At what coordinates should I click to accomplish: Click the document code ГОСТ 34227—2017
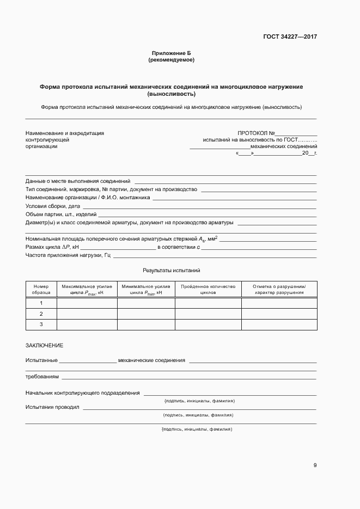[290, 37]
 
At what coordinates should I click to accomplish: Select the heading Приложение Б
[171, 53]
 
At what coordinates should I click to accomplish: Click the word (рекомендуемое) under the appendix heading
[171, 59]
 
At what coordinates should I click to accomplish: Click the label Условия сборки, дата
[53, 206]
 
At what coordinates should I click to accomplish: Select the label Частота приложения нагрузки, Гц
[68, 255]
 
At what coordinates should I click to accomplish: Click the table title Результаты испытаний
[172, 270]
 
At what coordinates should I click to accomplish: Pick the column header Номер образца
[41, 289]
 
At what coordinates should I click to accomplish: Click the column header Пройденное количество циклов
[208, 289]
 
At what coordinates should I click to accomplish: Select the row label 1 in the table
[41, 303]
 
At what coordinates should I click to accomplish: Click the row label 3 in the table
[41, 324]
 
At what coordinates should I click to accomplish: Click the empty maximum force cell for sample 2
[87, 314]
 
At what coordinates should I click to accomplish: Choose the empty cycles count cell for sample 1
[208, 303]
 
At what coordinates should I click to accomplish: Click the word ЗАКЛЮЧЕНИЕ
[45, 345]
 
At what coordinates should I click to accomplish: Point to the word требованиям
[42, 376]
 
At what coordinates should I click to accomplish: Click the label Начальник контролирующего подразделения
[82, 393]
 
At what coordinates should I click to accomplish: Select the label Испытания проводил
[52, 407]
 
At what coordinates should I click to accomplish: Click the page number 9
[315, 465]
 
